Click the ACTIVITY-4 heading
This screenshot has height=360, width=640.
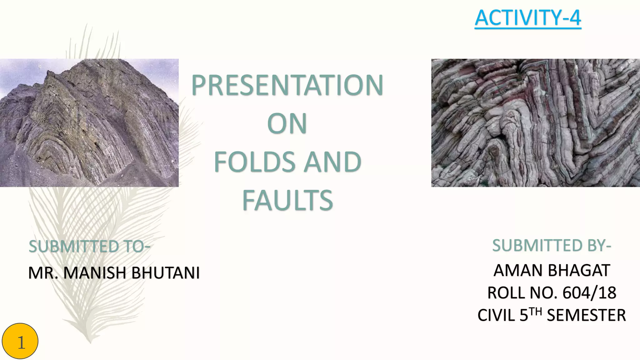pos(527,18)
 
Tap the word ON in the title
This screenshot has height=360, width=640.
pos(287,124)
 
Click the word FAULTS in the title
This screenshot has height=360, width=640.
pos(287,200)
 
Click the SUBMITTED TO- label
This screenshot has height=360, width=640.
pos(89,246)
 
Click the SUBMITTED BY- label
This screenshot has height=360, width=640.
pos(552,245)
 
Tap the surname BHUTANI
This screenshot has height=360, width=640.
pos(165,272)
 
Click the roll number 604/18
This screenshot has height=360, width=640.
pos(589,293)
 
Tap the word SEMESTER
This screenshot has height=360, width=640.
pos(586,315)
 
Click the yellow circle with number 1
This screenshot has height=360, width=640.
pos(20,341)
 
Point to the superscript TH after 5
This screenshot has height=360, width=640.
pos(535,311)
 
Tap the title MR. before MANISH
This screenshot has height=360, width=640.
pos(43,272)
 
